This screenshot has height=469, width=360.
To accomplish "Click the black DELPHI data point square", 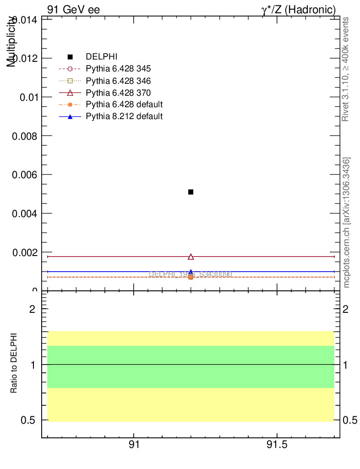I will click(191, 192).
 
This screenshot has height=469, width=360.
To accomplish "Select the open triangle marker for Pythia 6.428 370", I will click(191, 257).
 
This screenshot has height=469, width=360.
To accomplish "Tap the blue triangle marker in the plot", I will click(191, 272).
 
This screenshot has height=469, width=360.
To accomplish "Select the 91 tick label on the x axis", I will click(134, 445).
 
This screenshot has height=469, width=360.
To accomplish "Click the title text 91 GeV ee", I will click(73, 9).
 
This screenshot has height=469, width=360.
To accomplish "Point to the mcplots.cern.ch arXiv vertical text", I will click(347, 223).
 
